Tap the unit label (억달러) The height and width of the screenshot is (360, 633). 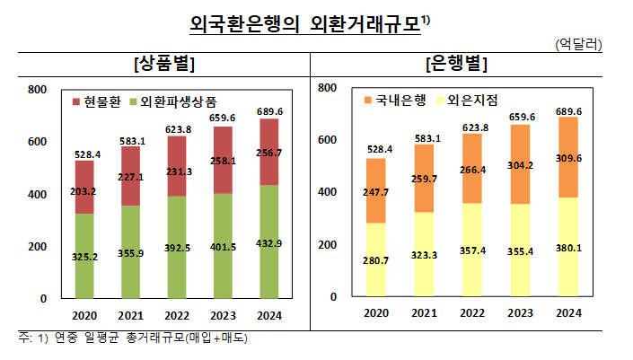click(x=579, y=43)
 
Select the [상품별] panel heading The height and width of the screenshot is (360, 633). click(x=164, y=64)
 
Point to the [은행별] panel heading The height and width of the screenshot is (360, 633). click(x=457, y=64)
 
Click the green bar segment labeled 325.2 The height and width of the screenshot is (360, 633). click(x=84, y=256)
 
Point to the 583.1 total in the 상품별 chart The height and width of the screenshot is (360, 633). click(x=131, y=140)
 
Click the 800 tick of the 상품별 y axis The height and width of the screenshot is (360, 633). click(x=37, y=90)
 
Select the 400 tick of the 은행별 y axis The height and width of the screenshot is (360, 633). click(x=328, y=192)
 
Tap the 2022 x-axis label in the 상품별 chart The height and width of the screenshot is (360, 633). click(x=177, y=315)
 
